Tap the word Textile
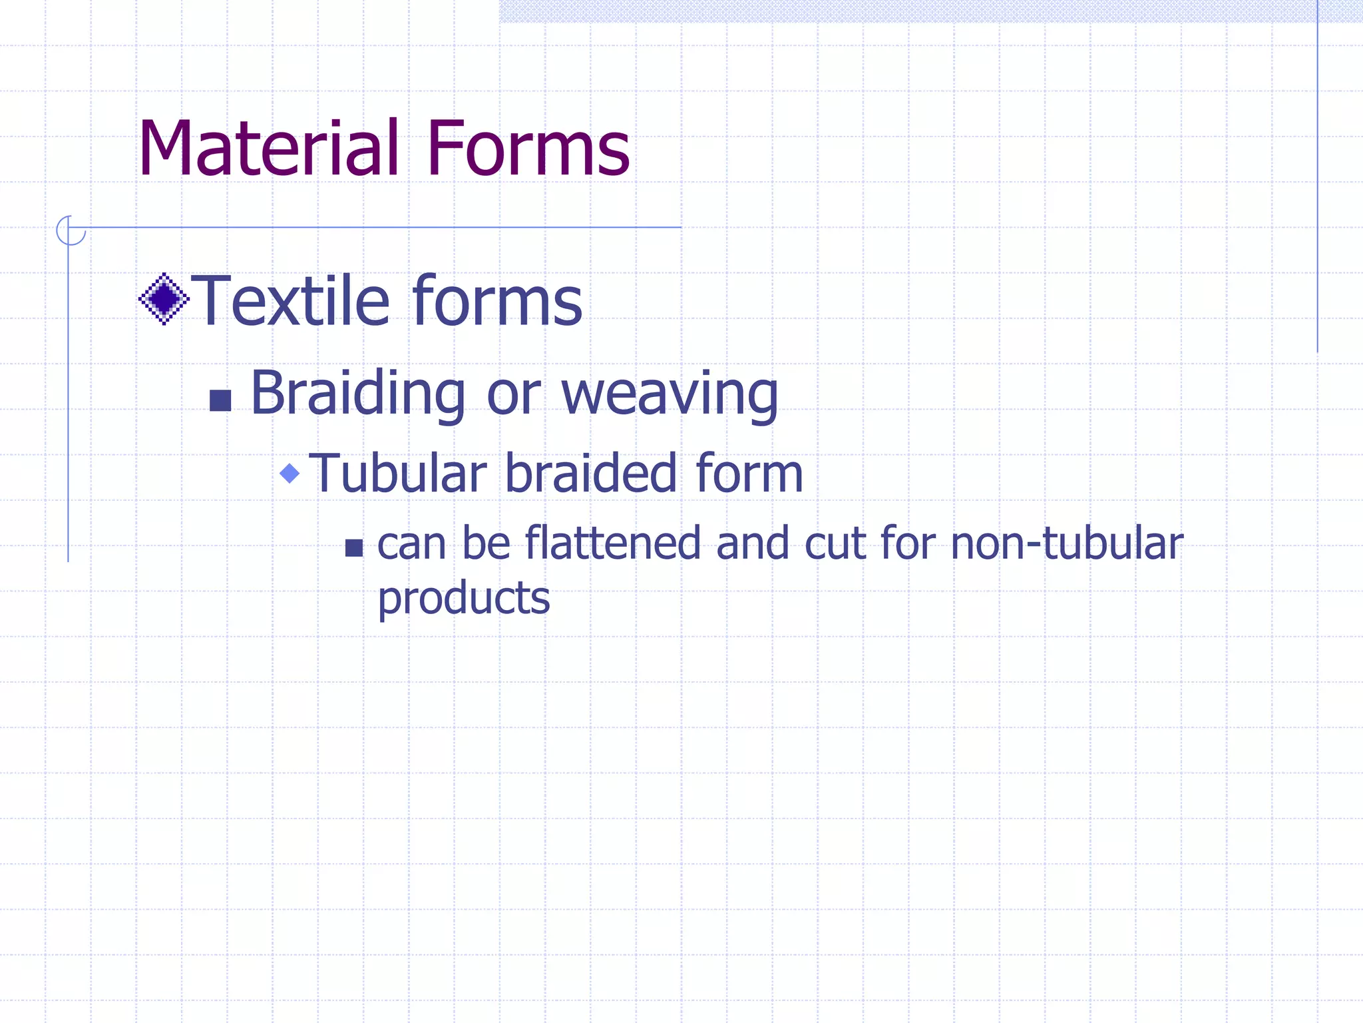click(290, 301)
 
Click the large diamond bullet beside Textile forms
click(164, 299)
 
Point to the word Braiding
click(357, 394)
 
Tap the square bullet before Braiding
click(220, 400)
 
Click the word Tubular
click(398, 474)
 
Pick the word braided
click(592, 474)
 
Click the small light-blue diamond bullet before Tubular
click(290, 474)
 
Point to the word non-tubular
click(1067, 543)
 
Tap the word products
click(464, 598)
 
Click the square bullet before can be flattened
click(354, 548)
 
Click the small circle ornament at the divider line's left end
click(70, 230)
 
